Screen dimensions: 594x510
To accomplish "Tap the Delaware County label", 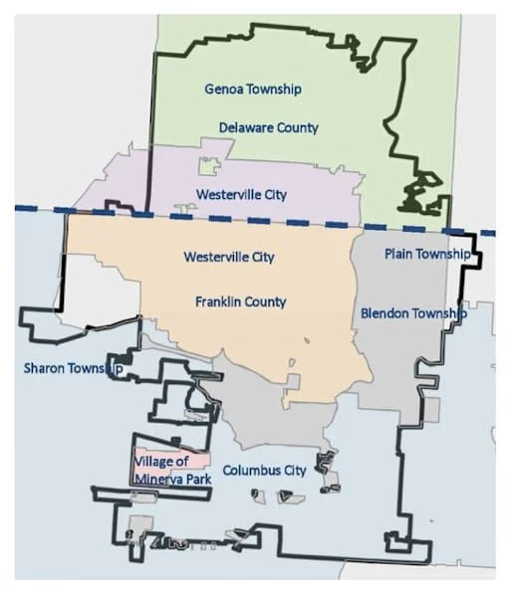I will tap(269, 127).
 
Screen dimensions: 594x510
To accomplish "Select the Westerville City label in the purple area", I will tap(241, 194).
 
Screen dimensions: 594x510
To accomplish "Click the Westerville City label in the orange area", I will tap(228, 257).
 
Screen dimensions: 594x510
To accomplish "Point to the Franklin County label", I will tap(240, 301).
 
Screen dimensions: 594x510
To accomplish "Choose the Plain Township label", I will tap(426, 254).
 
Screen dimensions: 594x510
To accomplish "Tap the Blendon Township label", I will tap(412, 313).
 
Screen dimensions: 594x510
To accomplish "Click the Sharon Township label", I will tap(73, 368).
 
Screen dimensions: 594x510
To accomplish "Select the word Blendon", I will tap(382, 313).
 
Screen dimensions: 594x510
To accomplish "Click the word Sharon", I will tap(44, 368).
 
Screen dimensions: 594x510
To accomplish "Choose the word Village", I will tap(158, 461).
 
